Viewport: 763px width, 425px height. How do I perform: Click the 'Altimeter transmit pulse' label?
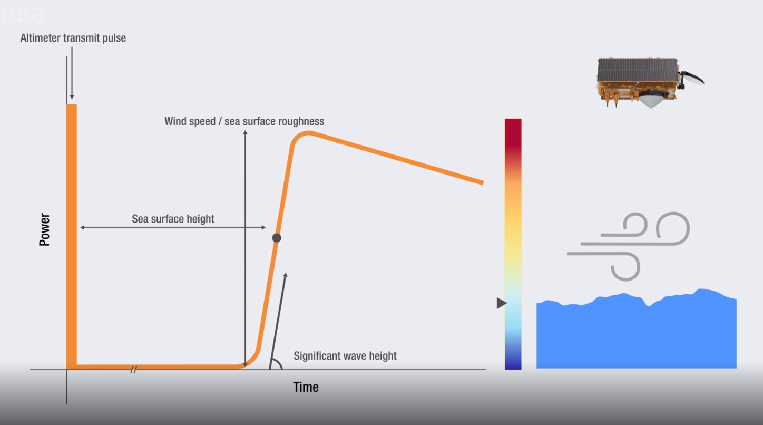[x=73, y=38]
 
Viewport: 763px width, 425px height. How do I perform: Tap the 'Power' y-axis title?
[x=45, y=229]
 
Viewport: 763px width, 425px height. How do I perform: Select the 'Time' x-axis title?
[x=306, y=387]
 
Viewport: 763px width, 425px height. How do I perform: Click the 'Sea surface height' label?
[x=173, y=219]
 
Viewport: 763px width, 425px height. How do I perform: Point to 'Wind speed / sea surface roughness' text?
[x=244, y=121]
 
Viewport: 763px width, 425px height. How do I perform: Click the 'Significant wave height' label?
[x=345, y=356]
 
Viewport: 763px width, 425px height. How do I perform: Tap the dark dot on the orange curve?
[x=277, y=238]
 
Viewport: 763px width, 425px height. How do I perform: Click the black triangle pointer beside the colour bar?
[x=502, y=303]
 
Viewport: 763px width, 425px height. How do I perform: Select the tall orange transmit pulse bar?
[x=72, y=235]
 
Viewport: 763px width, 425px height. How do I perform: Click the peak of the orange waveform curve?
[x=308, y=133]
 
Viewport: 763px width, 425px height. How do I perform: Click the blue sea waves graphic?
[x=637, y=331]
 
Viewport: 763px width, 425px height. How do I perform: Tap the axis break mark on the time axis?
[x=133, y=370]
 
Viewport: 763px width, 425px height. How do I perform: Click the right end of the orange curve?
[x=483, y=183]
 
